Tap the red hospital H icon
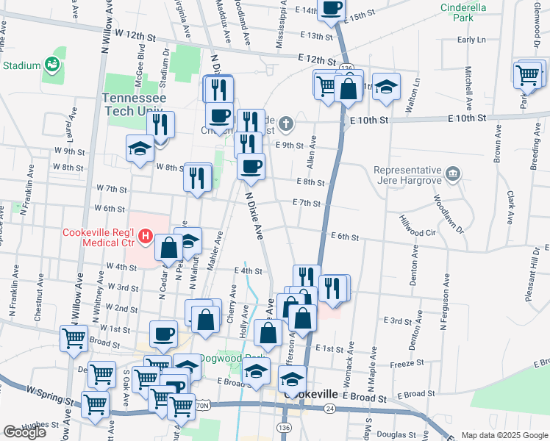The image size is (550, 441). coord(146,236)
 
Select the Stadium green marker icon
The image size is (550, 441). coord(51,65)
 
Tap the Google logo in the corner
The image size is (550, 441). coord(24,431)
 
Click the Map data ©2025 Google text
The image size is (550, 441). coord(504,435)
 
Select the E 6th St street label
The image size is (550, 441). coord(345,237)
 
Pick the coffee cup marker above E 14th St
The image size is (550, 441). coord(332,9)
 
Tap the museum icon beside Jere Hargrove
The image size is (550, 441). coord(454,174)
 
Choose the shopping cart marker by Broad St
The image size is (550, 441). coord(74,337)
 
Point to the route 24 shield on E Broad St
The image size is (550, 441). coord(330,408)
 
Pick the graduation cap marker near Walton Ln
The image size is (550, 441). coord(385,87)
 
